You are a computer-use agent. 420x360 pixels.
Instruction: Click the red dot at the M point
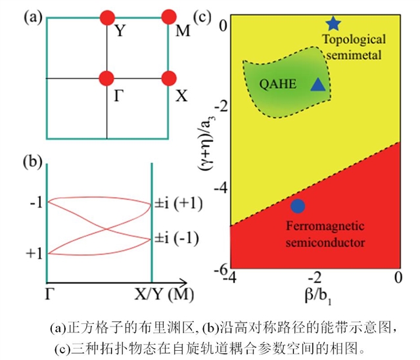point(169,16)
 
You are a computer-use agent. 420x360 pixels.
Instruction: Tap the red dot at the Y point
point(107,16)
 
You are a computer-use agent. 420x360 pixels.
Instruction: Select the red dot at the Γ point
point(107,78)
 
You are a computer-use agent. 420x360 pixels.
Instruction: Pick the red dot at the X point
point(169,78)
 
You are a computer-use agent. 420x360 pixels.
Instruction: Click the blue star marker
point(333,24)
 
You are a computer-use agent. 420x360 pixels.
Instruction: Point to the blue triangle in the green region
point(318,84)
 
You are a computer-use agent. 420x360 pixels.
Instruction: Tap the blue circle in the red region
point(297,206)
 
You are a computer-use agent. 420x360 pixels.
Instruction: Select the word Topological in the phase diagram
point(351,41)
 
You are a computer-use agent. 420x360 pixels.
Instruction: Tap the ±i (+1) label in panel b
point(177,203)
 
